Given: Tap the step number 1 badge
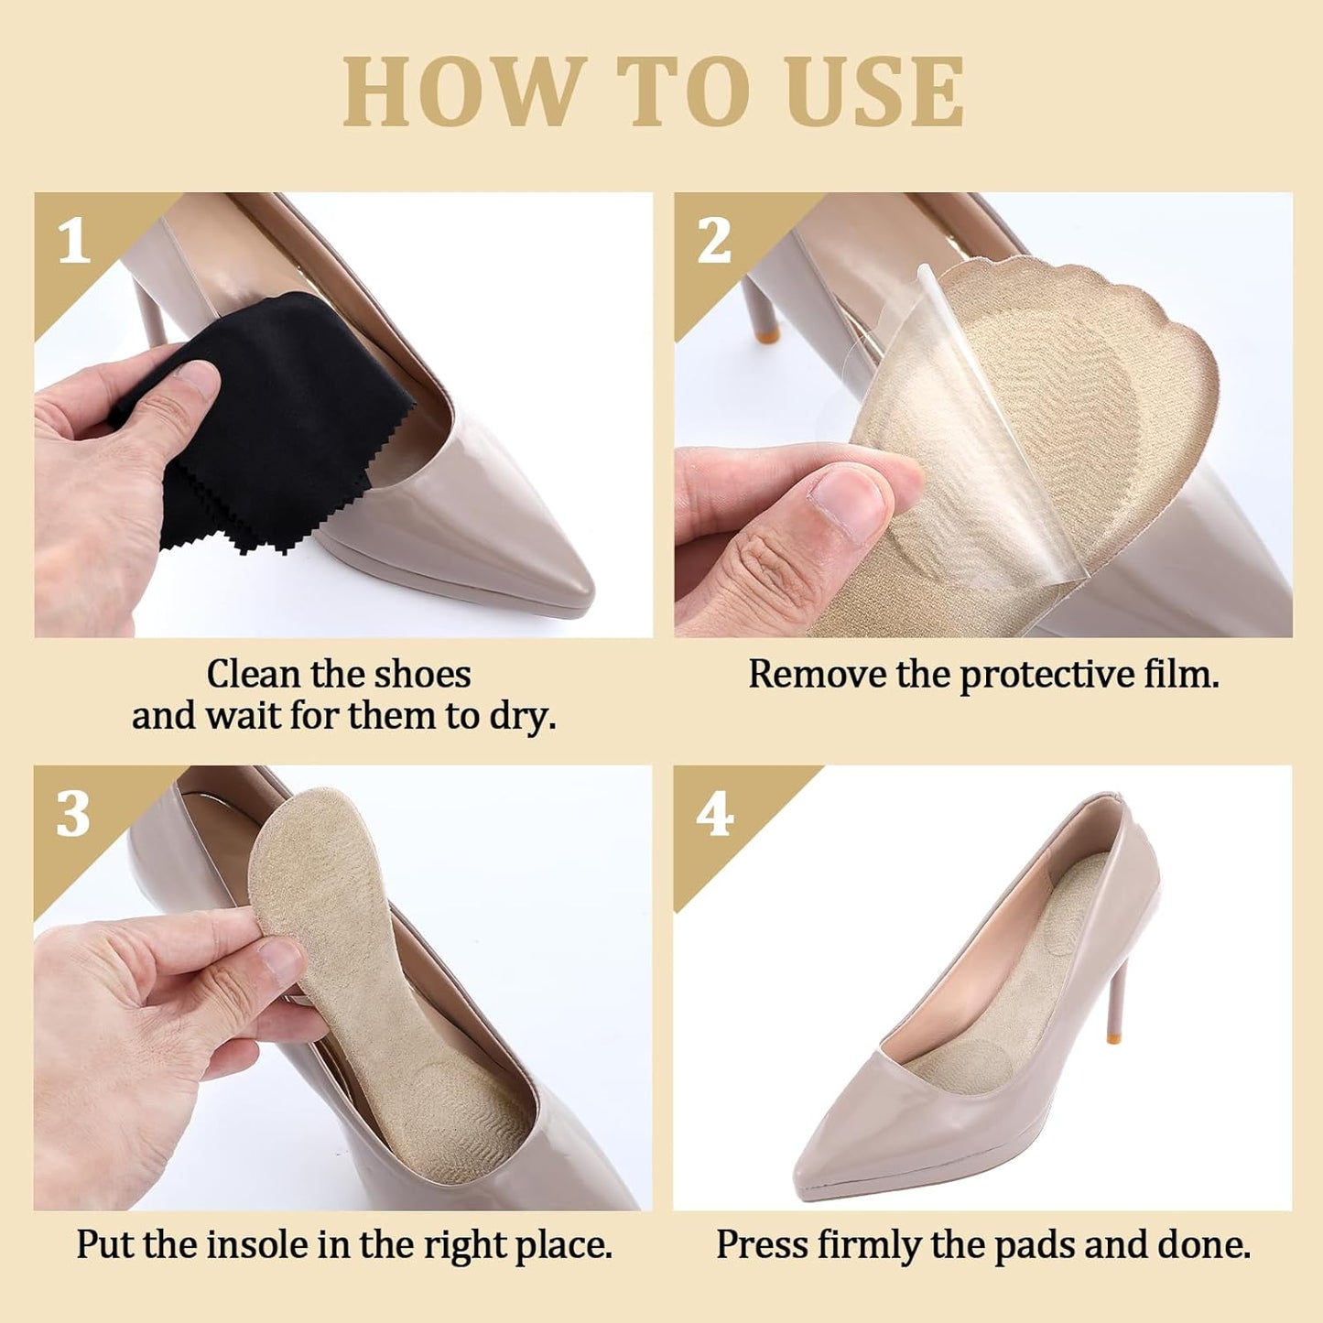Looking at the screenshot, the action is pyautogui.click(x=74, y=241).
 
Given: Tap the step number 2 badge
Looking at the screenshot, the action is pyautogui.click(x=714, y=241).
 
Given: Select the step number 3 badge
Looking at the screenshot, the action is pyautogui.click(x=72, y=814).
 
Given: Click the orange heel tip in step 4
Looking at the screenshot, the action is pyautogui.click(x=1111, y=1037).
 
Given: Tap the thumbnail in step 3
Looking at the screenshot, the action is pyautogui.click(x=280, y=959).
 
